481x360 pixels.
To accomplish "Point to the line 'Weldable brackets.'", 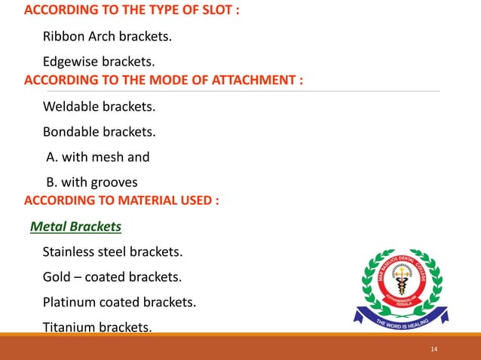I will click(90, 106).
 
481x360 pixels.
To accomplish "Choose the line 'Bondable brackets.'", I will click(91, 132).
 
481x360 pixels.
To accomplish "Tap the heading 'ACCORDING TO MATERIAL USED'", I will click(121, 201).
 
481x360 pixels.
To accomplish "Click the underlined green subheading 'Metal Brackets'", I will click(75, 227).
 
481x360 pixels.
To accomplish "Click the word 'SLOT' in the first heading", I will click(218, 11).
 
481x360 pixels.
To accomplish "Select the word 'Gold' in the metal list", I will click(57, 277).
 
